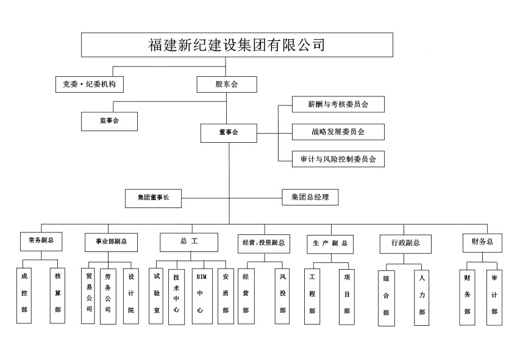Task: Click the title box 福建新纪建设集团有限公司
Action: tap(237, 45)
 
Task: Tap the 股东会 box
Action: tap(226, 84)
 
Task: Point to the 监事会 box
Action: tap(109, 121)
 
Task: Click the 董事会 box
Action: tap(229, 132)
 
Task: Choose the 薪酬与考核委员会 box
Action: tap(338, 104)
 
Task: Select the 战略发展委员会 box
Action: tap(338, 131)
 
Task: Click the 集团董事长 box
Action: tap(153, 198)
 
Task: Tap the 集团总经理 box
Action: tap(310, 197)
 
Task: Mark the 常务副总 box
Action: tap(41, 241)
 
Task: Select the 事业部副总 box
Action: tap(110, 242)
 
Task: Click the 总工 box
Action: tap(189, 242)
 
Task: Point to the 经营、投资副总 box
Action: tap(263, 243)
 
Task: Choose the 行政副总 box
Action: tap(405, 243)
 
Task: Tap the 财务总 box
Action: tap(482, 242)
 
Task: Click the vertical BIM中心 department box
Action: tap(200, 295)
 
